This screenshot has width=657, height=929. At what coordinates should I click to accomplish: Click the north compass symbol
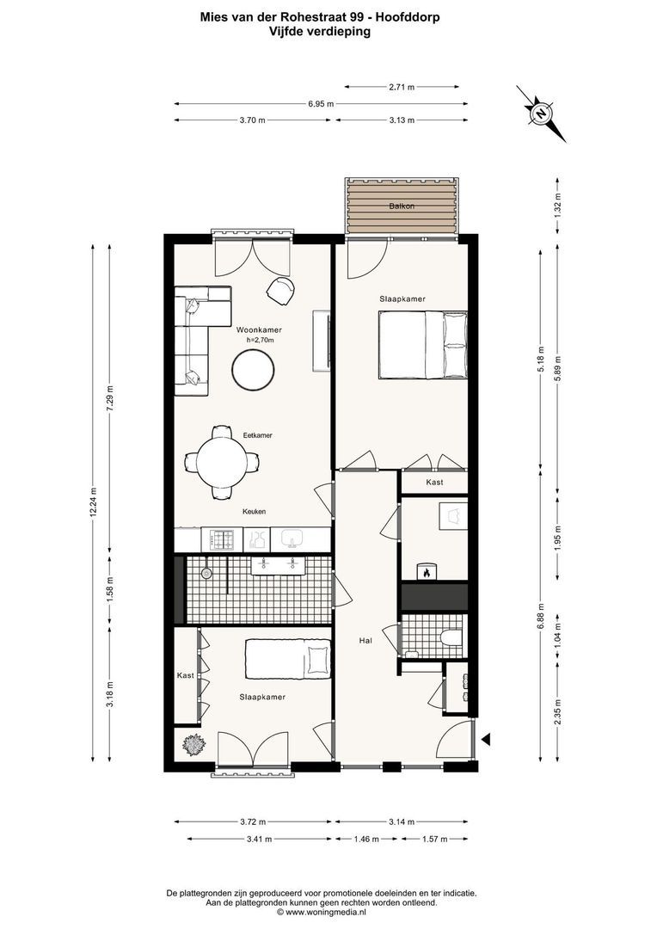(542, 113)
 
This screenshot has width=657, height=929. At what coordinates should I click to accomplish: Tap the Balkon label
(401, 206)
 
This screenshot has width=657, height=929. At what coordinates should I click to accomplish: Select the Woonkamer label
(259, 329)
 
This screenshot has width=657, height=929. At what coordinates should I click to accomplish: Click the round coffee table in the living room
(254, 372)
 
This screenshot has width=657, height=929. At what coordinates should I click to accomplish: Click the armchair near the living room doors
(280, 291)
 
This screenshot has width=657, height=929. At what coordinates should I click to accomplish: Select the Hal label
(366, 640)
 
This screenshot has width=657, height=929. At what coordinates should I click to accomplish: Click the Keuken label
(254, 511)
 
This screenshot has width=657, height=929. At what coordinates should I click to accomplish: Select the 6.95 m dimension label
(321, 103)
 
